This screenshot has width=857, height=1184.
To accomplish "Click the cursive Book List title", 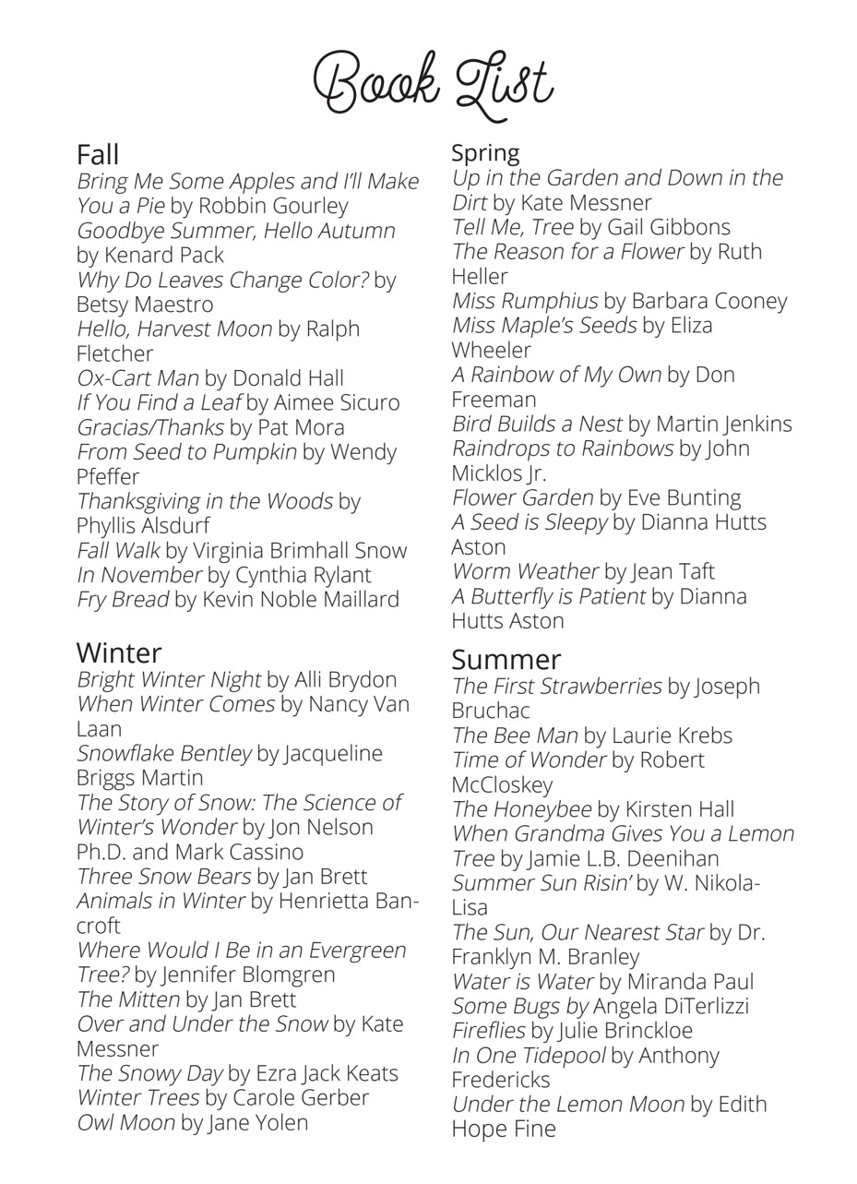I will click(433, 83).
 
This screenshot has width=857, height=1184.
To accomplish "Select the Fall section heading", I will click(98, 154).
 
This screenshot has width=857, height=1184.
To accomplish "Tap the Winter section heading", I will click(119, 652).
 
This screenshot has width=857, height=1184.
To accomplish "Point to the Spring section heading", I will click(485, 152).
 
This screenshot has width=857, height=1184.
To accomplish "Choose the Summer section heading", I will click(506, 659).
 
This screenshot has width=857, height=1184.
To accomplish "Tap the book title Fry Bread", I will click(123, 600).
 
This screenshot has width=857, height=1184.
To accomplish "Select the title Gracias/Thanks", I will click(149, 427).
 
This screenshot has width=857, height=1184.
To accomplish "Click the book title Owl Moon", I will click(125, 1123).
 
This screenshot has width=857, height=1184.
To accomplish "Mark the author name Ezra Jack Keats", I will click(327, 1073).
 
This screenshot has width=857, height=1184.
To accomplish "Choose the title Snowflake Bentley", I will click(163, 753).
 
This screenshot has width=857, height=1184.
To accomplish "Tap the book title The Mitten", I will click(128, 999).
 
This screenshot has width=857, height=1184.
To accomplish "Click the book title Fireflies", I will click(488, 1030).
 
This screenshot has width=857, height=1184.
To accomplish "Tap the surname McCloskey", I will click(502, 784).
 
